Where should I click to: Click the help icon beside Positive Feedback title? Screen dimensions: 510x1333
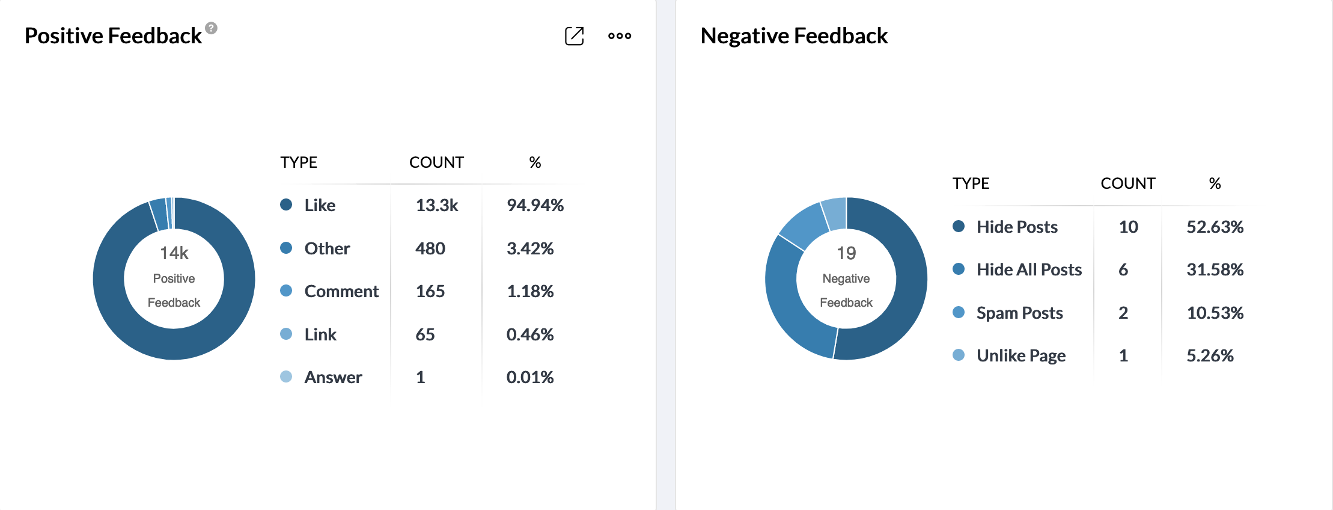(x=211, y=28)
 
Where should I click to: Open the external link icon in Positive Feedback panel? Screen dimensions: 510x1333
(x=574, y=36)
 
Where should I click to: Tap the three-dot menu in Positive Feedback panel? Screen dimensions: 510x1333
(x=619, y=36)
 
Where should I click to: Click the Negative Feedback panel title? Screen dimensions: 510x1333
(x=793, y=36)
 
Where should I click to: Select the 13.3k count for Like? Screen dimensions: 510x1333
(x=436, y=206)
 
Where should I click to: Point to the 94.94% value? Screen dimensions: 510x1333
(x=535, y=206)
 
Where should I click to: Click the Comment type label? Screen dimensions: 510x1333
(x=341, y=292)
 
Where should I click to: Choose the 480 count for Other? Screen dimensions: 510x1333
(x=430, y=248)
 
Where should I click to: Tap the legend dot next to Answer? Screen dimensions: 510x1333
(x=286, y=377)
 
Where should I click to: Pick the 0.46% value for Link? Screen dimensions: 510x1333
(x=529, y=334)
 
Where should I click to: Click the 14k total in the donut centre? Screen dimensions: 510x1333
(x=174, y=253)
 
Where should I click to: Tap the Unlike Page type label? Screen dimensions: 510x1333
(x=1020, y=356)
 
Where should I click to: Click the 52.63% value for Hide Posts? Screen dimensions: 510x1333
(x=1215, y=227)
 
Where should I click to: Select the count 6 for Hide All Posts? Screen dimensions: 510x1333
(x=1123, y=270)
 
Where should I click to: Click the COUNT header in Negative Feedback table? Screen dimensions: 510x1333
(x=1127, y=183)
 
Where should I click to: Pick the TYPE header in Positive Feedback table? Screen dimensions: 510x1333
(x=299, y=162)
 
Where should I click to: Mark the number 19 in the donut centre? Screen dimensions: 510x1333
(x=846, y=253)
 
